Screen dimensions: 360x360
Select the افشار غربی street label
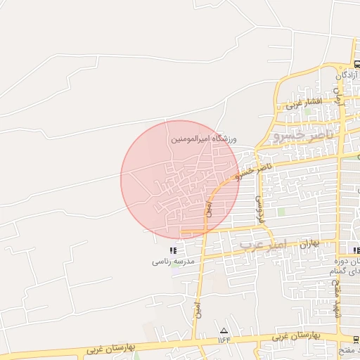click(x=304, y=103)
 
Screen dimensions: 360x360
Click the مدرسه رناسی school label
click(x=173, y=262)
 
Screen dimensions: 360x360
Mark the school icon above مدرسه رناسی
click(x=173, y=250)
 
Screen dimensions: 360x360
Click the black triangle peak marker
click(x=224, y=330)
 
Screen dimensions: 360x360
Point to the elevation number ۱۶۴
click(x=224, y=340)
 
